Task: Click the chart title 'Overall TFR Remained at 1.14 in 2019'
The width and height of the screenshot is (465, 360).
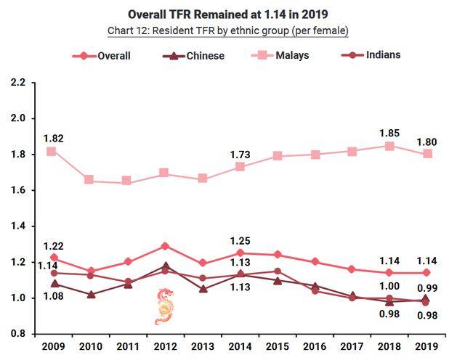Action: point(227,14)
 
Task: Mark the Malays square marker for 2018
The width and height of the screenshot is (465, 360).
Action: point(390,146)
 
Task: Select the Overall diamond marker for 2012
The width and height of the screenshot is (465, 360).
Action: point(164,246)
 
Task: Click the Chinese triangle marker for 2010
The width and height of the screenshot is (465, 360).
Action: point(90,295)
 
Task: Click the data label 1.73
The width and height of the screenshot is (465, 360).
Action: point(239,153)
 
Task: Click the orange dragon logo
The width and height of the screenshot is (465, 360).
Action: point(164,306)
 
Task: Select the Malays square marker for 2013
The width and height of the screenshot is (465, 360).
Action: point(202,179)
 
